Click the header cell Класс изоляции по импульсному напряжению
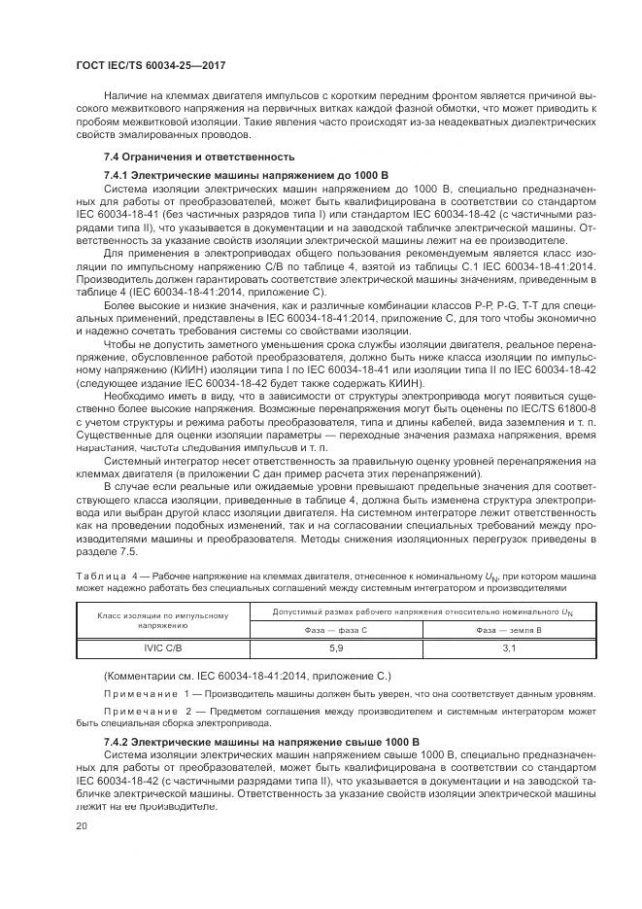[162, 619]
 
